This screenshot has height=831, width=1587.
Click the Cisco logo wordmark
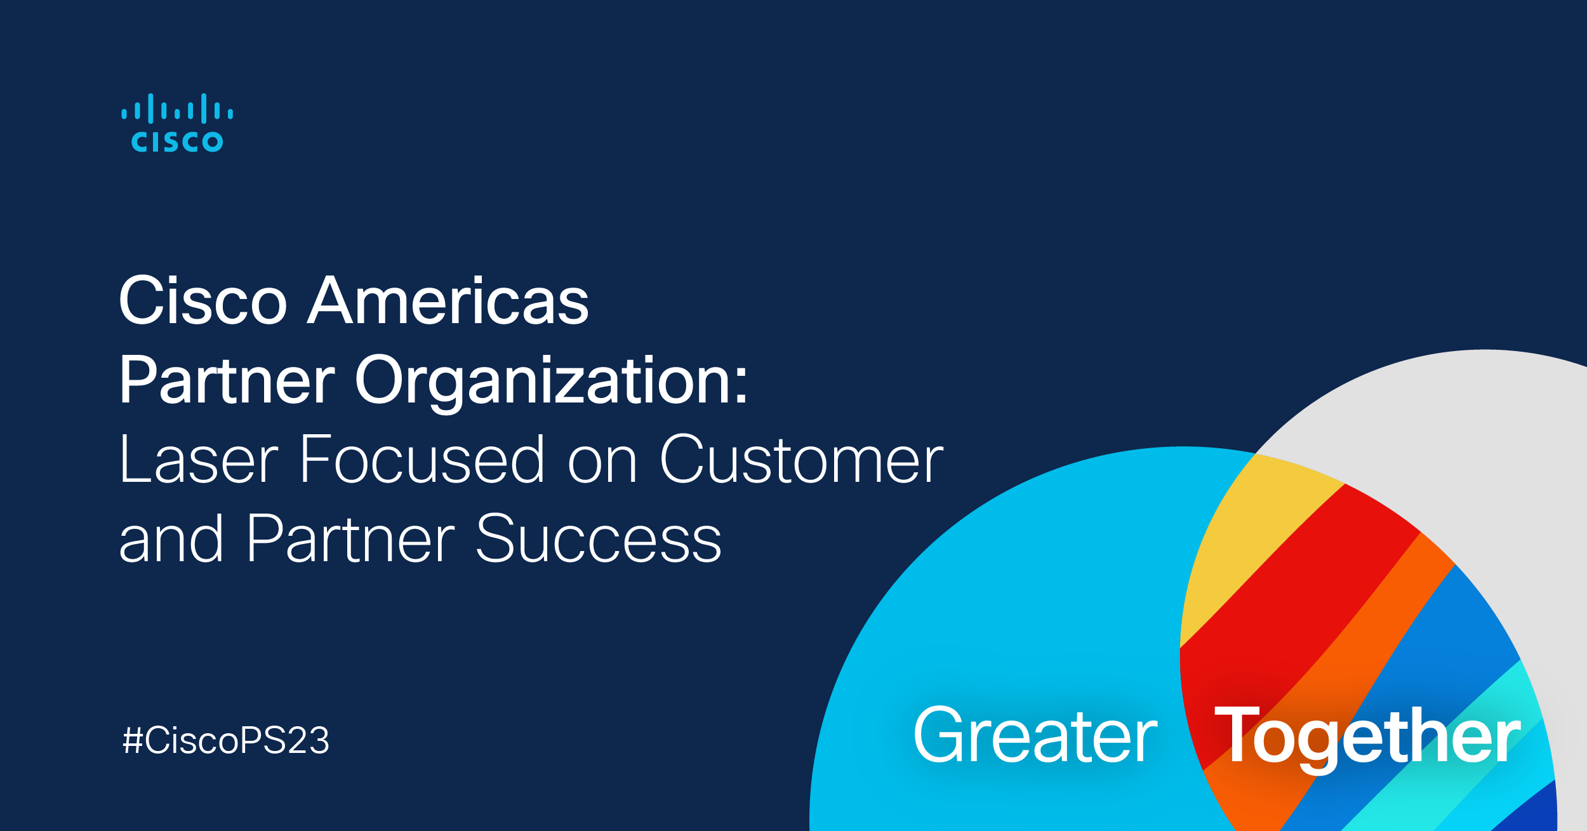tap(177, 141)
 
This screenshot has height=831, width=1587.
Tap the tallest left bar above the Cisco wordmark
tap(150, 109)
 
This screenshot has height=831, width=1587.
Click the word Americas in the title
tap(448, 301)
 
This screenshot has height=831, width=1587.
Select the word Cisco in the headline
tap(203, 301)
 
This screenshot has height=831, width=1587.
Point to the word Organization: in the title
tap(552, 381)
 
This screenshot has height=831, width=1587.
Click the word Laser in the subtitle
tap(199, 460)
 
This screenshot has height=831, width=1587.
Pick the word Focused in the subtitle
tap(422, 460)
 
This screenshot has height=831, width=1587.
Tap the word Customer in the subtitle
tap(801, 460)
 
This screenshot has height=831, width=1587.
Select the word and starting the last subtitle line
tap(171, 540)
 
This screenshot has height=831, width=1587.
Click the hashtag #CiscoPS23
tap(226, 740)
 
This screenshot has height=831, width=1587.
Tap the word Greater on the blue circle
tap(1035, 736)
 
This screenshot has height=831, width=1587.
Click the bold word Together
tap(1367, 736)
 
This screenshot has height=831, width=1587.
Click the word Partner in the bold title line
tap(227, 381)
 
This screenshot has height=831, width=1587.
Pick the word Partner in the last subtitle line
tap(350, 540)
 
